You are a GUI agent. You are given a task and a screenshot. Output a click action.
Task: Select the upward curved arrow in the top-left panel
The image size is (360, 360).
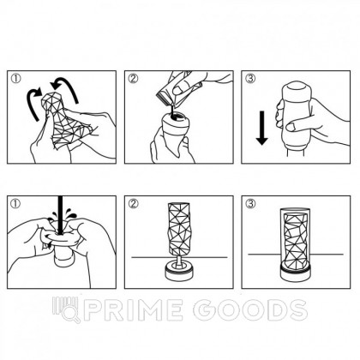click(x=58, y=87)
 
